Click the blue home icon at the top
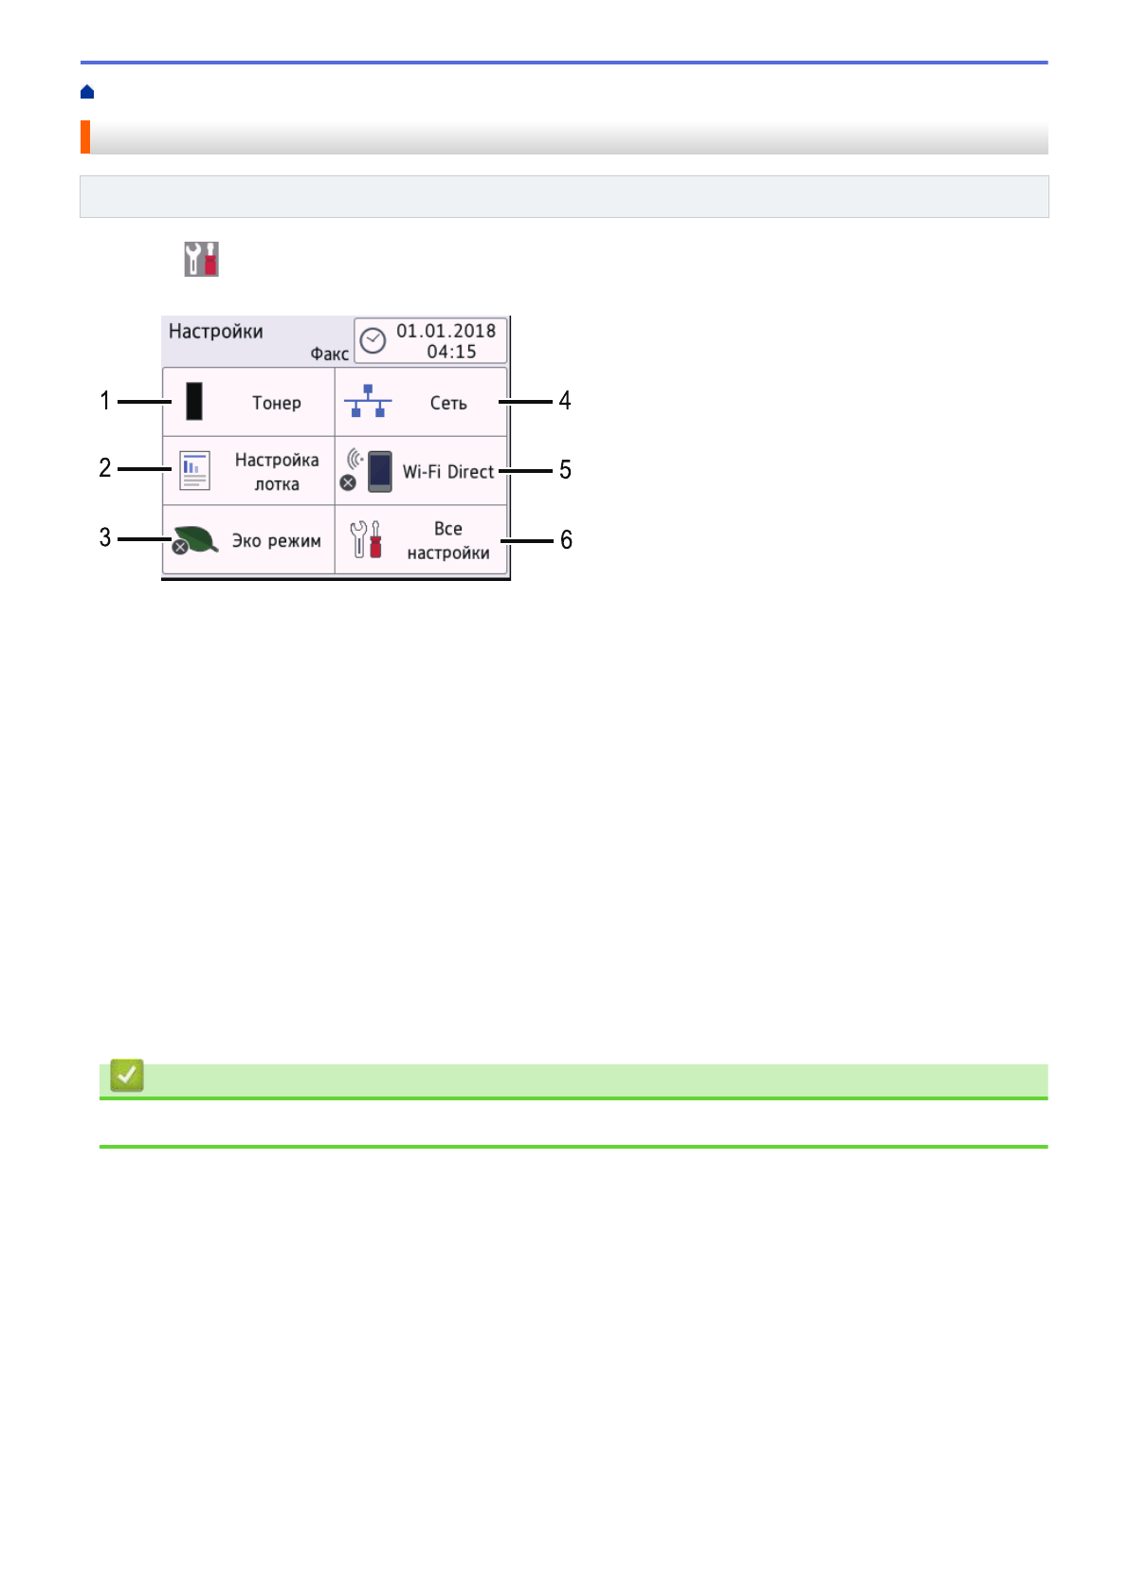pyautogui.click(x=87, y=92)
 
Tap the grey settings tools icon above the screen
pyautogui.click(x=201, y=259)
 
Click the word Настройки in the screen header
pyautogui.click(x=216, y=332)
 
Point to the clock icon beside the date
pyautogui.click(x=373, y=341)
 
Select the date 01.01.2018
pyautogui.click(x=446, y=331)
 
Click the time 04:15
pyautogui.click(x=451, y=352)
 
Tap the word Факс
pyautogui.click(x=329, y=354)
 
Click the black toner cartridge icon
pyautogui.click(x=194, y=402)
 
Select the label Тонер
pyautogui.click(x=277, y=403)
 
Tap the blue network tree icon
pyautogui.click(x=367, y=402)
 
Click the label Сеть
pyautogui.click(x=448, y=403)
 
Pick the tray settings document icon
pyautogui.click(x=194, y=471)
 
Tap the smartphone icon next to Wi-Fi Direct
pyautogui.click(x=379, y=471)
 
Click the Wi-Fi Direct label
pyautogui.click(x=448, y=472)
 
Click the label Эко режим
pyautogui.click(x=277, y=541)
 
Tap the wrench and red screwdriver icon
pyautogui.click(x=366, y=540)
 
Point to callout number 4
pyautogui.click(x=565, y=401)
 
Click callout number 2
pyautogui.click(x=105, y=468)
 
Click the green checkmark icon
pyautogui.click(x=127, y=1076)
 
